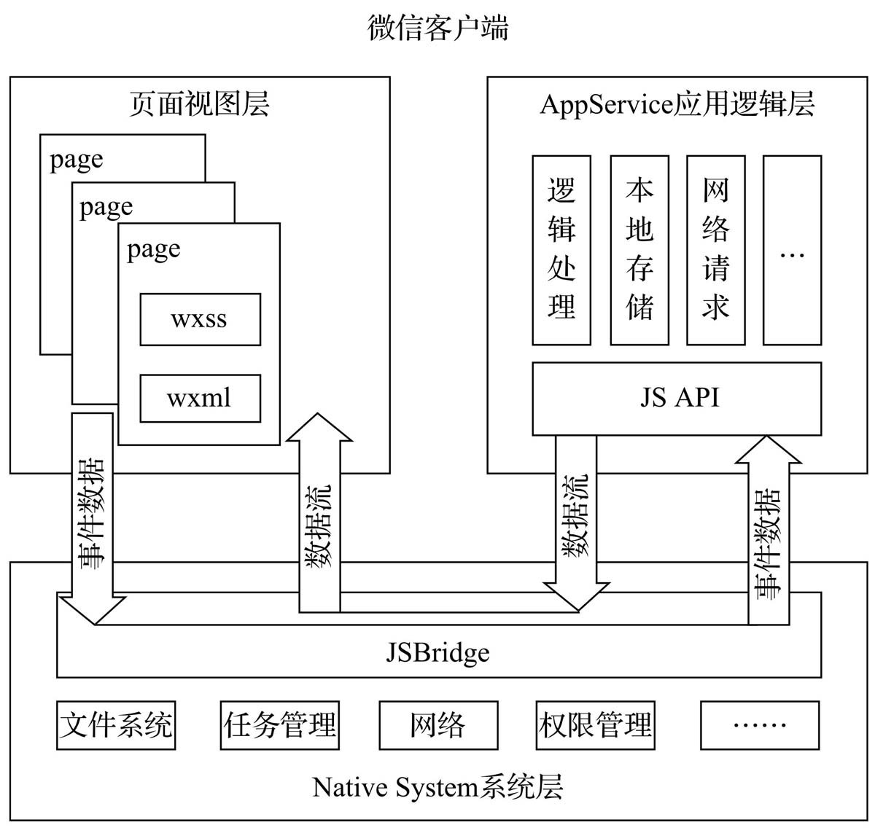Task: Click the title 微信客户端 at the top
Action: coord(437,28)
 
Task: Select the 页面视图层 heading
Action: coord(199,104)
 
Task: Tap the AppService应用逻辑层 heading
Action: coord(677,104)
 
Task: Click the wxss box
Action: coord(200,319)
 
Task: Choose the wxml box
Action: coord(200,398)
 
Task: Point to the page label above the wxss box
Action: coord(154,250)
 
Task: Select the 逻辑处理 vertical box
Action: coord(561,249)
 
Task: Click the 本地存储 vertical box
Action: coord(639,249)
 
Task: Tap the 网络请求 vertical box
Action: coord(715,249)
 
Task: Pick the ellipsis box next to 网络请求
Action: coord(792,249)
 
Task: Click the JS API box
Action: coord(677,399)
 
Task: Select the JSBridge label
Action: coord(437,652)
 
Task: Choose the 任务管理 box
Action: coord(280,725)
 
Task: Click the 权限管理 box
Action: coord(595,725)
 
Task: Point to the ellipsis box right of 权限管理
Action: coord(759,725)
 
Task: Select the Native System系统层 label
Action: coord(437,788)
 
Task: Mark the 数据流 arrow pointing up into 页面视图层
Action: coord(319,517)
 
